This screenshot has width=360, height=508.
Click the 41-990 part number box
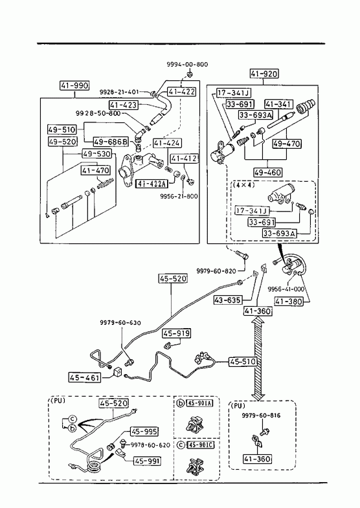pos(74,85)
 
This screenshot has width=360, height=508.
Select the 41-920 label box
pos(264,74)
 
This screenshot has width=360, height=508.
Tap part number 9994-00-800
pos(187,64)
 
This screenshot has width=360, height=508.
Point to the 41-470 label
pos(96,170)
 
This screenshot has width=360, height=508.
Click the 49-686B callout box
pos(111,142)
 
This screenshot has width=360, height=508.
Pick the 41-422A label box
pos(151,184)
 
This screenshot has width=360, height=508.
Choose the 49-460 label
pos(268,172)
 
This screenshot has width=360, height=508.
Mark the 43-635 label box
pos(228,300)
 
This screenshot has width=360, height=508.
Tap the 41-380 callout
pos(288,302)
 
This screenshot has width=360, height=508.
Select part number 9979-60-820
pos(216,271)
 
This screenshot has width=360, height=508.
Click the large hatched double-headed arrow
pos(258,358)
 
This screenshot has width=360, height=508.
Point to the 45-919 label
pos(177,333)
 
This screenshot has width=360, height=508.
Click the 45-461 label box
pos(85,377)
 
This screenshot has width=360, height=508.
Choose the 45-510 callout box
pos(243,362)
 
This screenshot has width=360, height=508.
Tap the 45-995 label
pos(144,432)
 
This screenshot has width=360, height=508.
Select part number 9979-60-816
pos(261,415)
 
